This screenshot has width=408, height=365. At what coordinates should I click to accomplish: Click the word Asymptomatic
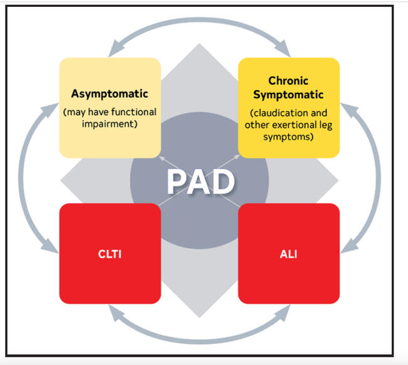click(x=110, y=94)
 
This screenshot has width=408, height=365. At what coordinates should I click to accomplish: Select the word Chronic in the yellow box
click(x=289, y=81)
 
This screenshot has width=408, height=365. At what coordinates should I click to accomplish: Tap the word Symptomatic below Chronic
click(x=289, y=95)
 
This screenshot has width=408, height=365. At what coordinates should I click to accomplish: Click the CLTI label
click(x=110, y=253)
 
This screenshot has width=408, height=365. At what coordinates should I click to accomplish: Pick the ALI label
click(x=289, y=253)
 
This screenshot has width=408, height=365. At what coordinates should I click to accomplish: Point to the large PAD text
click(x=200, y=182)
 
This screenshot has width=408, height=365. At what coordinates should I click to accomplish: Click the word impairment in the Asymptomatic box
click(x=110, y=124)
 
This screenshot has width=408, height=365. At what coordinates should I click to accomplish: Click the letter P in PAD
click(x=178, y=182)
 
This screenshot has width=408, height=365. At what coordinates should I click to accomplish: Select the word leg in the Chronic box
click(x=325, y=124)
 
